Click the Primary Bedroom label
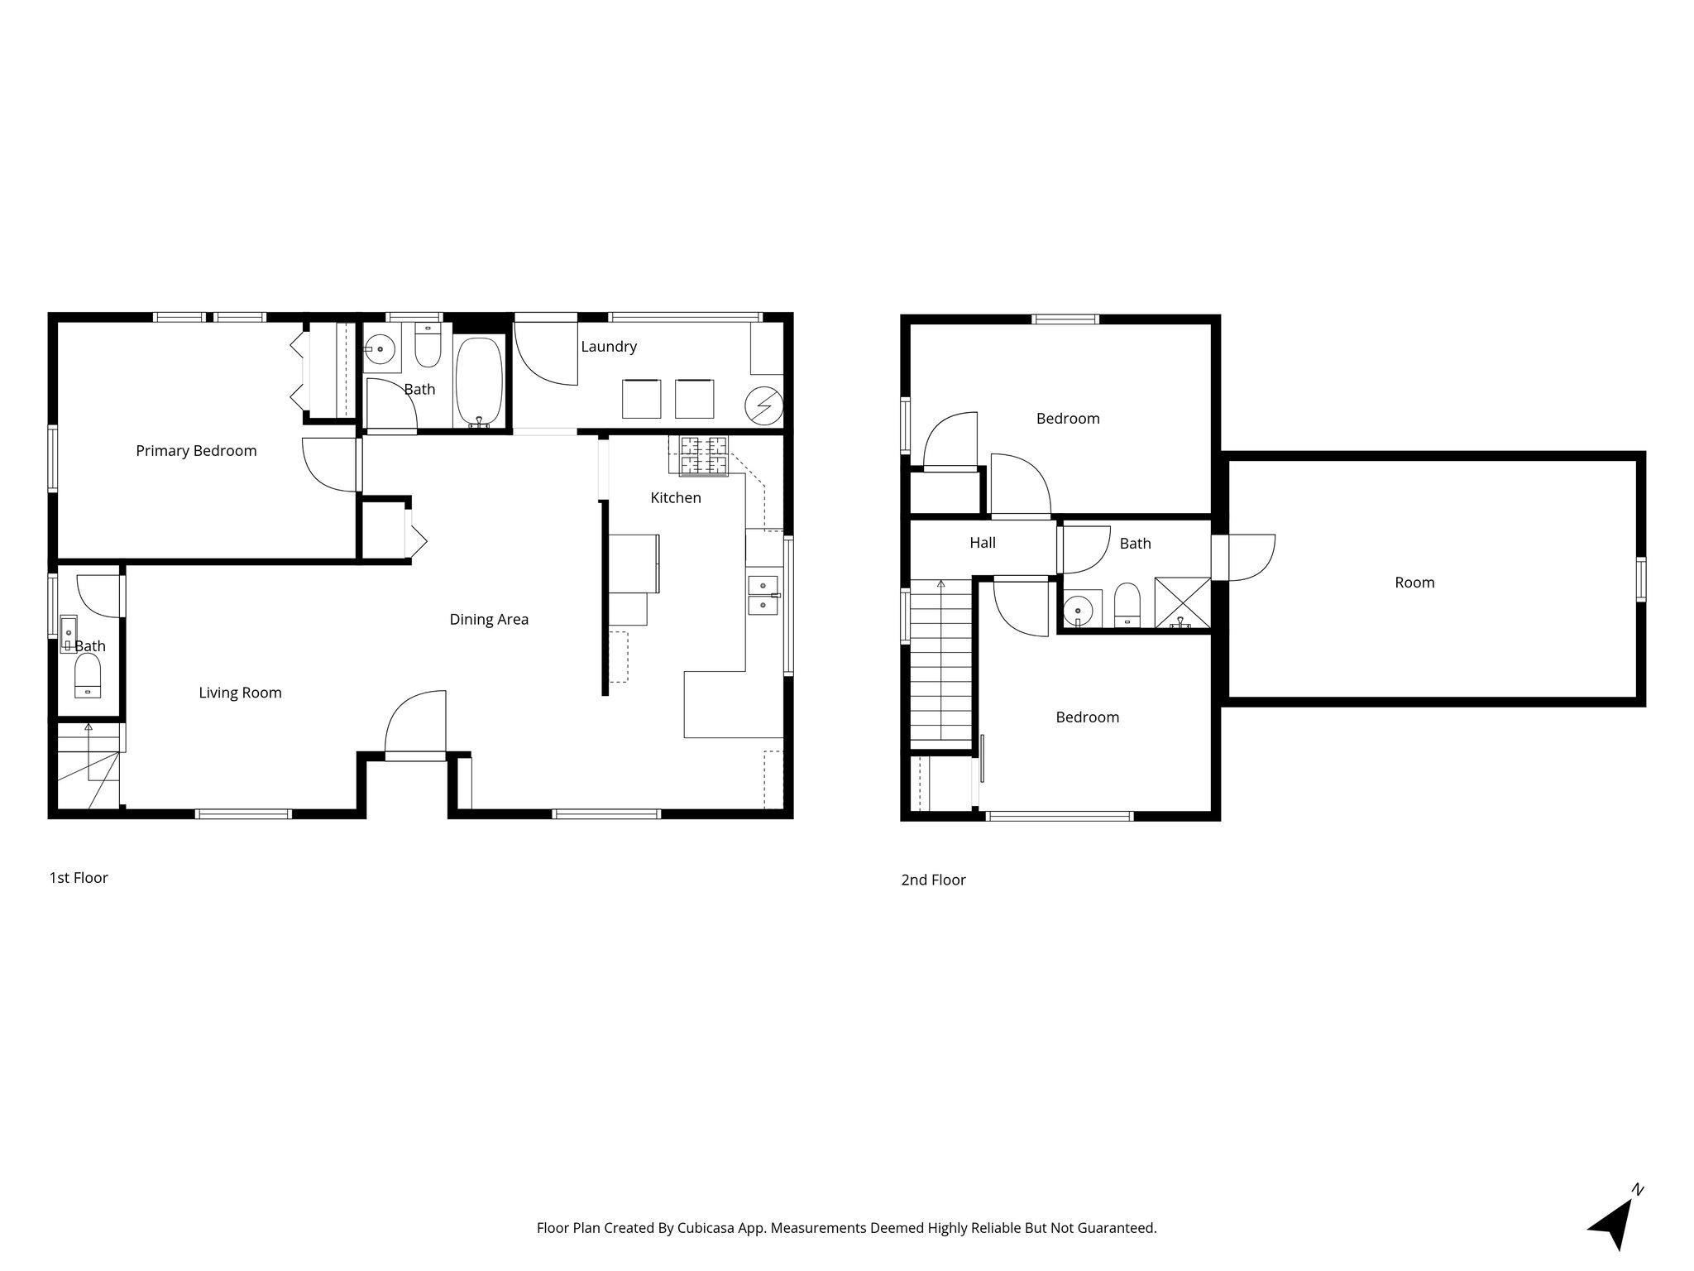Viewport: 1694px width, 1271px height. pos(196,451)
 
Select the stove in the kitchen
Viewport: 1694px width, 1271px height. pos(704,456)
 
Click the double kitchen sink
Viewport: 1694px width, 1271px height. pos(763,596)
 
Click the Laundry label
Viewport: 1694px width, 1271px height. pos(609,347)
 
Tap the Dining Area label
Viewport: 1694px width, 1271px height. pos(489,620)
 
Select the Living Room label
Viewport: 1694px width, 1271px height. pos(240,693)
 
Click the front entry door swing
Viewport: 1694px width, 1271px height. pos(417,724)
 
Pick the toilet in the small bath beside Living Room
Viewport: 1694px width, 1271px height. pos(87,676)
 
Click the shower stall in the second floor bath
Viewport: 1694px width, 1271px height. pos(1181,603)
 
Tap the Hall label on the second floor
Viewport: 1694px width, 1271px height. pos(983,544)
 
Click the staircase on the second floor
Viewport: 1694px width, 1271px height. pos(941,662)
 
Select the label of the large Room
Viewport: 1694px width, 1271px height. pos(1414,583)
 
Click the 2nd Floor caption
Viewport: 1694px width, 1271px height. pos(933,880)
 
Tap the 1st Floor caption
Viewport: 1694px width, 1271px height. pos(79,878)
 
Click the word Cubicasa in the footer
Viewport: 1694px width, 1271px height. pos(707,1229)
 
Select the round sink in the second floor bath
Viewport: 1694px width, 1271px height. pos(1078,612)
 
